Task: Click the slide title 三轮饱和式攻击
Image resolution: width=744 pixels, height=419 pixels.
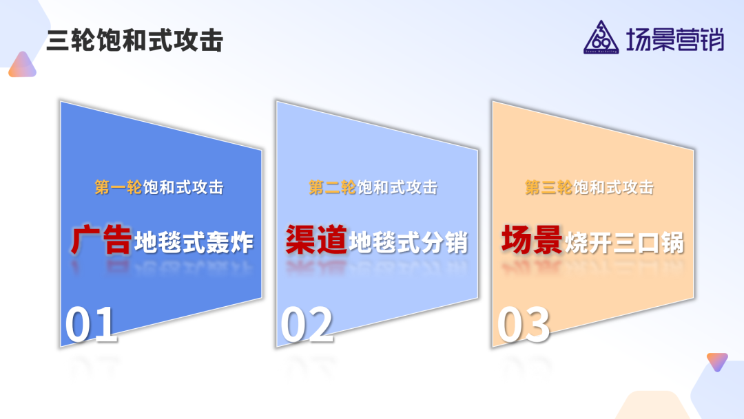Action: click(135, 41)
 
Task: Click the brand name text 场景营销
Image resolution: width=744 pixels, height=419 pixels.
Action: click(675, 40)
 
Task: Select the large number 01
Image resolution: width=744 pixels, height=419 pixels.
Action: click(92, 325)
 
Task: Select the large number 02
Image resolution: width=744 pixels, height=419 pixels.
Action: click(307, 325)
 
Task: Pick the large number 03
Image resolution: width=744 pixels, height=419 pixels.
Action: click(524, 325)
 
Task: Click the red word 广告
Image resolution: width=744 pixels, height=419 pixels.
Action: click(101, 241)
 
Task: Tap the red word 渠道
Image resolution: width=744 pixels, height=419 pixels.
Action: click(316, 241)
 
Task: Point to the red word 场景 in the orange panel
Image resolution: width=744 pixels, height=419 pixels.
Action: click(532, 241)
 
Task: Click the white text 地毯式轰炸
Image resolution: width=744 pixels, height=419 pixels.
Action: click(194, 243)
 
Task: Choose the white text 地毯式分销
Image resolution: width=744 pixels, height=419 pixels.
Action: click(409, 243)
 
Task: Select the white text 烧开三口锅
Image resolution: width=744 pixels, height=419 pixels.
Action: click(624, 243)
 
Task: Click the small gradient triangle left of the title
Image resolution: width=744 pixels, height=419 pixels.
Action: click(22, 65)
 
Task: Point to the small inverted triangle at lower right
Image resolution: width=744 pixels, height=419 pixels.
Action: click(717, 361)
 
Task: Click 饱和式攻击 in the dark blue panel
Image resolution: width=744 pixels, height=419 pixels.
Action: click(183, 187)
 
